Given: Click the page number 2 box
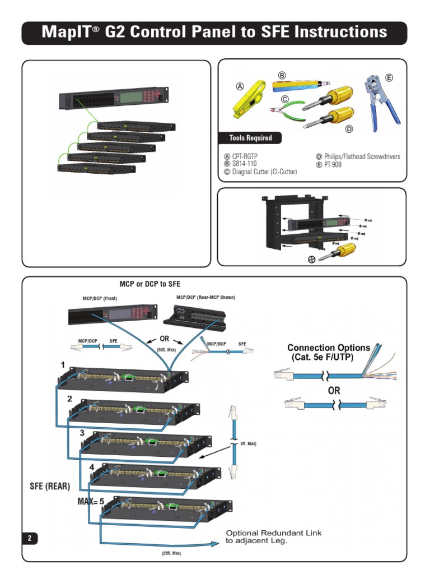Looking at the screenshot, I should point(30,538).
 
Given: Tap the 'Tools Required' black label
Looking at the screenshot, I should point(250,138).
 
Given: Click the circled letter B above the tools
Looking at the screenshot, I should point(282,75).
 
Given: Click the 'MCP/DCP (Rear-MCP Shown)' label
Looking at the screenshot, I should point(205,298).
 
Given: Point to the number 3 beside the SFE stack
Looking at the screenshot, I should point(82,433).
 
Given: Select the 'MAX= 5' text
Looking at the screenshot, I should point(91,502).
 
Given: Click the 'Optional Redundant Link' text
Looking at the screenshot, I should point(274,533).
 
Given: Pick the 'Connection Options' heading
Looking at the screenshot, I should point(329,348).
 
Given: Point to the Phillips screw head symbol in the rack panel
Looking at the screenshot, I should point(311,259).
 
